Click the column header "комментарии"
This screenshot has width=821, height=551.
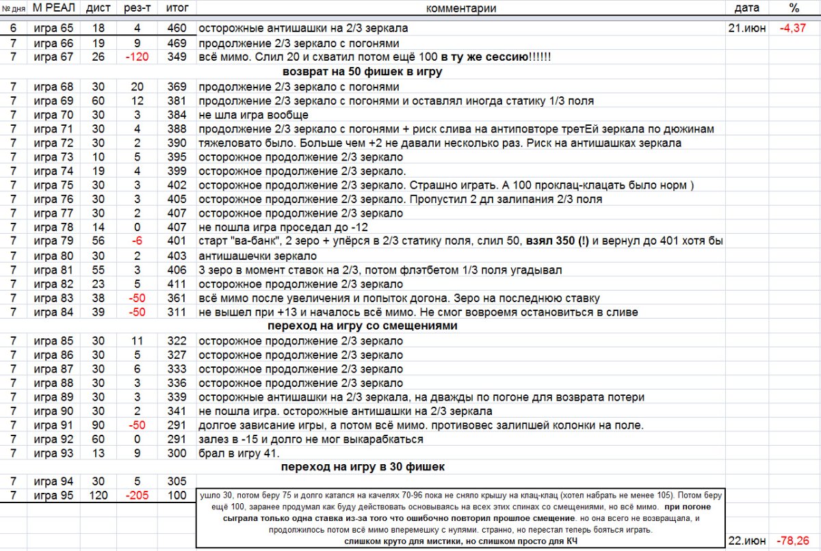[x=460, y=8]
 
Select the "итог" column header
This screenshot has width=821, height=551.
[x=177, y=8]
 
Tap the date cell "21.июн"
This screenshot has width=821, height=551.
[x=746, y=29]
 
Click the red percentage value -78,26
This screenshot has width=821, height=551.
[x=794, y=540]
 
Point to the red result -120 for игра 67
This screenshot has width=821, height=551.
[x=138, y=57]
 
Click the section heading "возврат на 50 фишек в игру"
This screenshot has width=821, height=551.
[x=362, y=71]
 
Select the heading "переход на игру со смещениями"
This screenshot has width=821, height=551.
[x=362, y=326]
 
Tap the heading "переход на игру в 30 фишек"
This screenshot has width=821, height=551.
[x=362, y=467]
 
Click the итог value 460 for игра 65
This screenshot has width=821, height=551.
[x=177, y=29]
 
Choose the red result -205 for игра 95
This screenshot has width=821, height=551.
[x=138, y=495]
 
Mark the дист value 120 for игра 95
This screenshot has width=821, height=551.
[x=99, y=495]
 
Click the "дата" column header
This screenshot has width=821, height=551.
[x=746, y=8]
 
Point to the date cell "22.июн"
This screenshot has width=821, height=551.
[x=746, y=540]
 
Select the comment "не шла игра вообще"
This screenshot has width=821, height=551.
[x=253, y=115]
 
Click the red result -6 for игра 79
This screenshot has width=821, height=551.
[x=138, y=241]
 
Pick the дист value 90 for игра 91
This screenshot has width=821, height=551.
[x=99, y=425]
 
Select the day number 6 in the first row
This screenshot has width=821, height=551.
[x=13, y=29]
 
